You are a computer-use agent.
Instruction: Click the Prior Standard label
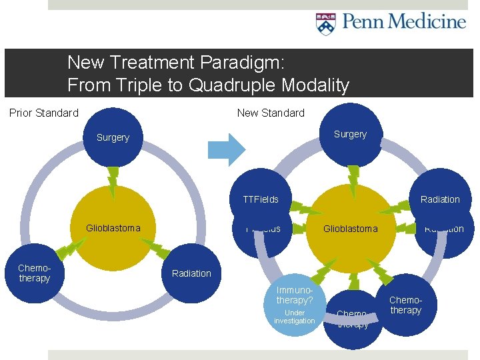click(x=44, y=113)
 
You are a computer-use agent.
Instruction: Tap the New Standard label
click(x=271, y=113)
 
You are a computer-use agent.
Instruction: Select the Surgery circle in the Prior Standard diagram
click(x=113, y=138)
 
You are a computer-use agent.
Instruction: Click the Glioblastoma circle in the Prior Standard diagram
click(x=113, y=229)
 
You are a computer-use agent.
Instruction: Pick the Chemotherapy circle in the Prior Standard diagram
click(x=35, y=274)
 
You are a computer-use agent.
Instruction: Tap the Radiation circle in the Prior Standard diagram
click(x=191, y=274)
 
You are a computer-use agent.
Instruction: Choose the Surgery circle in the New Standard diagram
click(x=350, y=135)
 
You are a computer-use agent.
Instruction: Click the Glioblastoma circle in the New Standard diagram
click(x=350, y=229)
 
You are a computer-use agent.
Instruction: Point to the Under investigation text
click(x=294, y=317)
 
